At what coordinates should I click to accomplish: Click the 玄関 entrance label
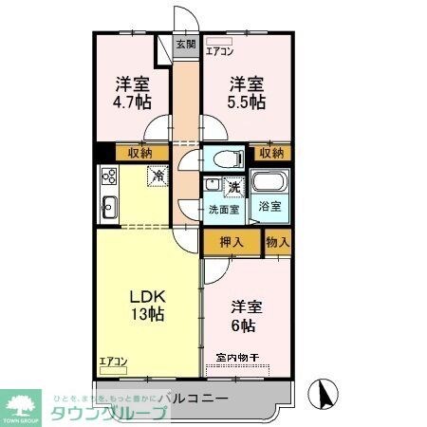186,44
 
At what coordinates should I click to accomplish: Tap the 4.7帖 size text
133,102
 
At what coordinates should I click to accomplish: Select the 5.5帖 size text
245,102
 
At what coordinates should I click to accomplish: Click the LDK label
147,293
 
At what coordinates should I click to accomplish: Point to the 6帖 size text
242,325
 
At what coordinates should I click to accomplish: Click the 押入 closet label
232,242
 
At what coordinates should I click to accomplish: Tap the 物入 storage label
278,242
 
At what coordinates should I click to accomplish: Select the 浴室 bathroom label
269,207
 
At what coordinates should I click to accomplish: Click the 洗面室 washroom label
224,210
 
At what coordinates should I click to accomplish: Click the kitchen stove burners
107,176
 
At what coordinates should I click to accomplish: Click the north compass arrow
324,392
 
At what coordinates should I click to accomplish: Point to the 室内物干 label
237,359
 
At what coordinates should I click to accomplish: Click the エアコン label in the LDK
114,361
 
